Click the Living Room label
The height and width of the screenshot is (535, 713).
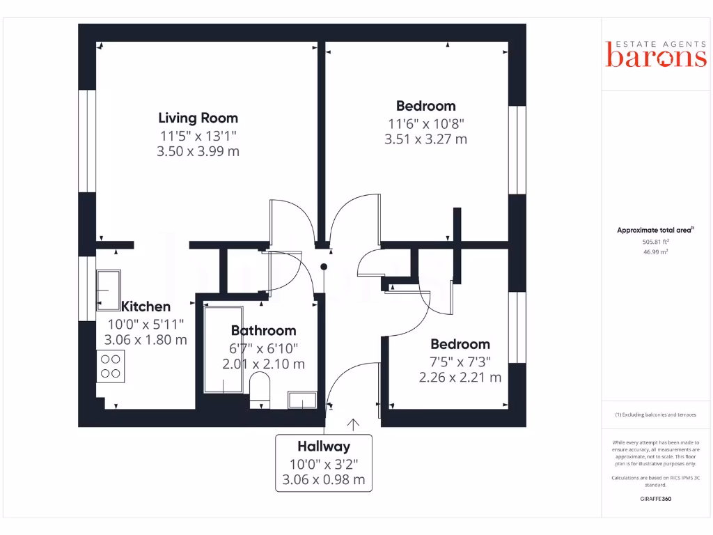pyautogui.click(x=198, y=118)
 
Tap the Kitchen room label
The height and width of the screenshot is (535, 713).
pyautogui.click(x=146, y=307)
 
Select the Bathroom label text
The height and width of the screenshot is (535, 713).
pyautogui.click(x=263, y=330)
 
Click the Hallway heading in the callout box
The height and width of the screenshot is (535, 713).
pyautogui.click(x=324, y=447)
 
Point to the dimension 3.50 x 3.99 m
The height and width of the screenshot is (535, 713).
pyautogui.click(x=198, y=150)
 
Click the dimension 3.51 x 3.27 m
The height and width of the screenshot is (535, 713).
pyautogui.click(x=425, y=139)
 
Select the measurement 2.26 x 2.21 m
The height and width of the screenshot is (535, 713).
pyautogui.click(x=460, y=378)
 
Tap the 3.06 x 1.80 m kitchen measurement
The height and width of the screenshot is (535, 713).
pyautogui.click(x=146, y=340)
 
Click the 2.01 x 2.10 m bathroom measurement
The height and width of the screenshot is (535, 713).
pyautogui.click(x=263, y=364)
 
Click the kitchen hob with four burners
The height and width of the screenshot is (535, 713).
pyautogui.click(x=111, y=366)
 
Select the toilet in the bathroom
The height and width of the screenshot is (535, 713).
pyautogui.click(x=259, y=389)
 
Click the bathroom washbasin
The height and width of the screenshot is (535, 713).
pyautogui.click(x=302, y=400)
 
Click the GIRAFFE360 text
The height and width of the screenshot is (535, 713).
pyautogui.click(x=655, y=499)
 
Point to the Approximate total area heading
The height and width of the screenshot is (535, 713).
pyautogui.click(x=655, y=230)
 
